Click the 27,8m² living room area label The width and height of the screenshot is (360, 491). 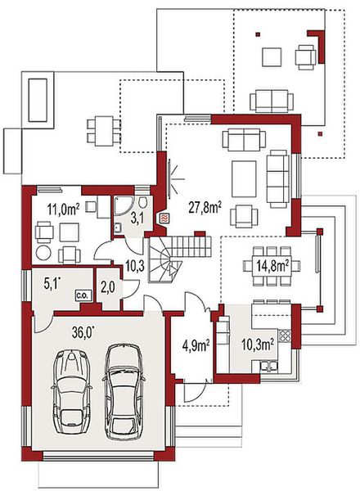[205, 207]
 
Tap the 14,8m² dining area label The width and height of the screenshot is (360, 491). [272, 266]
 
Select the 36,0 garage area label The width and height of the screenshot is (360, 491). [83, 332]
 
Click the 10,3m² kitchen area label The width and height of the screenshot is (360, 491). [258, 345]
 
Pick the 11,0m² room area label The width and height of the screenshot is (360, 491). [63, 209]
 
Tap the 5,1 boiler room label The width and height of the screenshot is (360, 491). [52, 284]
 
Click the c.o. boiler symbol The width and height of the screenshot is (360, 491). [83, 295]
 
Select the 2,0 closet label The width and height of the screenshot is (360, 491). [108, 287]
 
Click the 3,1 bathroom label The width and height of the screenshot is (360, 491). [137, 218]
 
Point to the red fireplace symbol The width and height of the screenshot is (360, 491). [164, 218]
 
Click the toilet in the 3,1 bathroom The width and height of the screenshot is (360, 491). [142, 202]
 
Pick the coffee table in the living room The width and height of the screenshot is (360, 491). [244, 178]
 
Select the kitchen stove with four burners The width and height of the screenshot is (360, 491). [285, 336]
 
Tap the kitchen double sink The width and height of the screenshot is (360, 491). [268, 367]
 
